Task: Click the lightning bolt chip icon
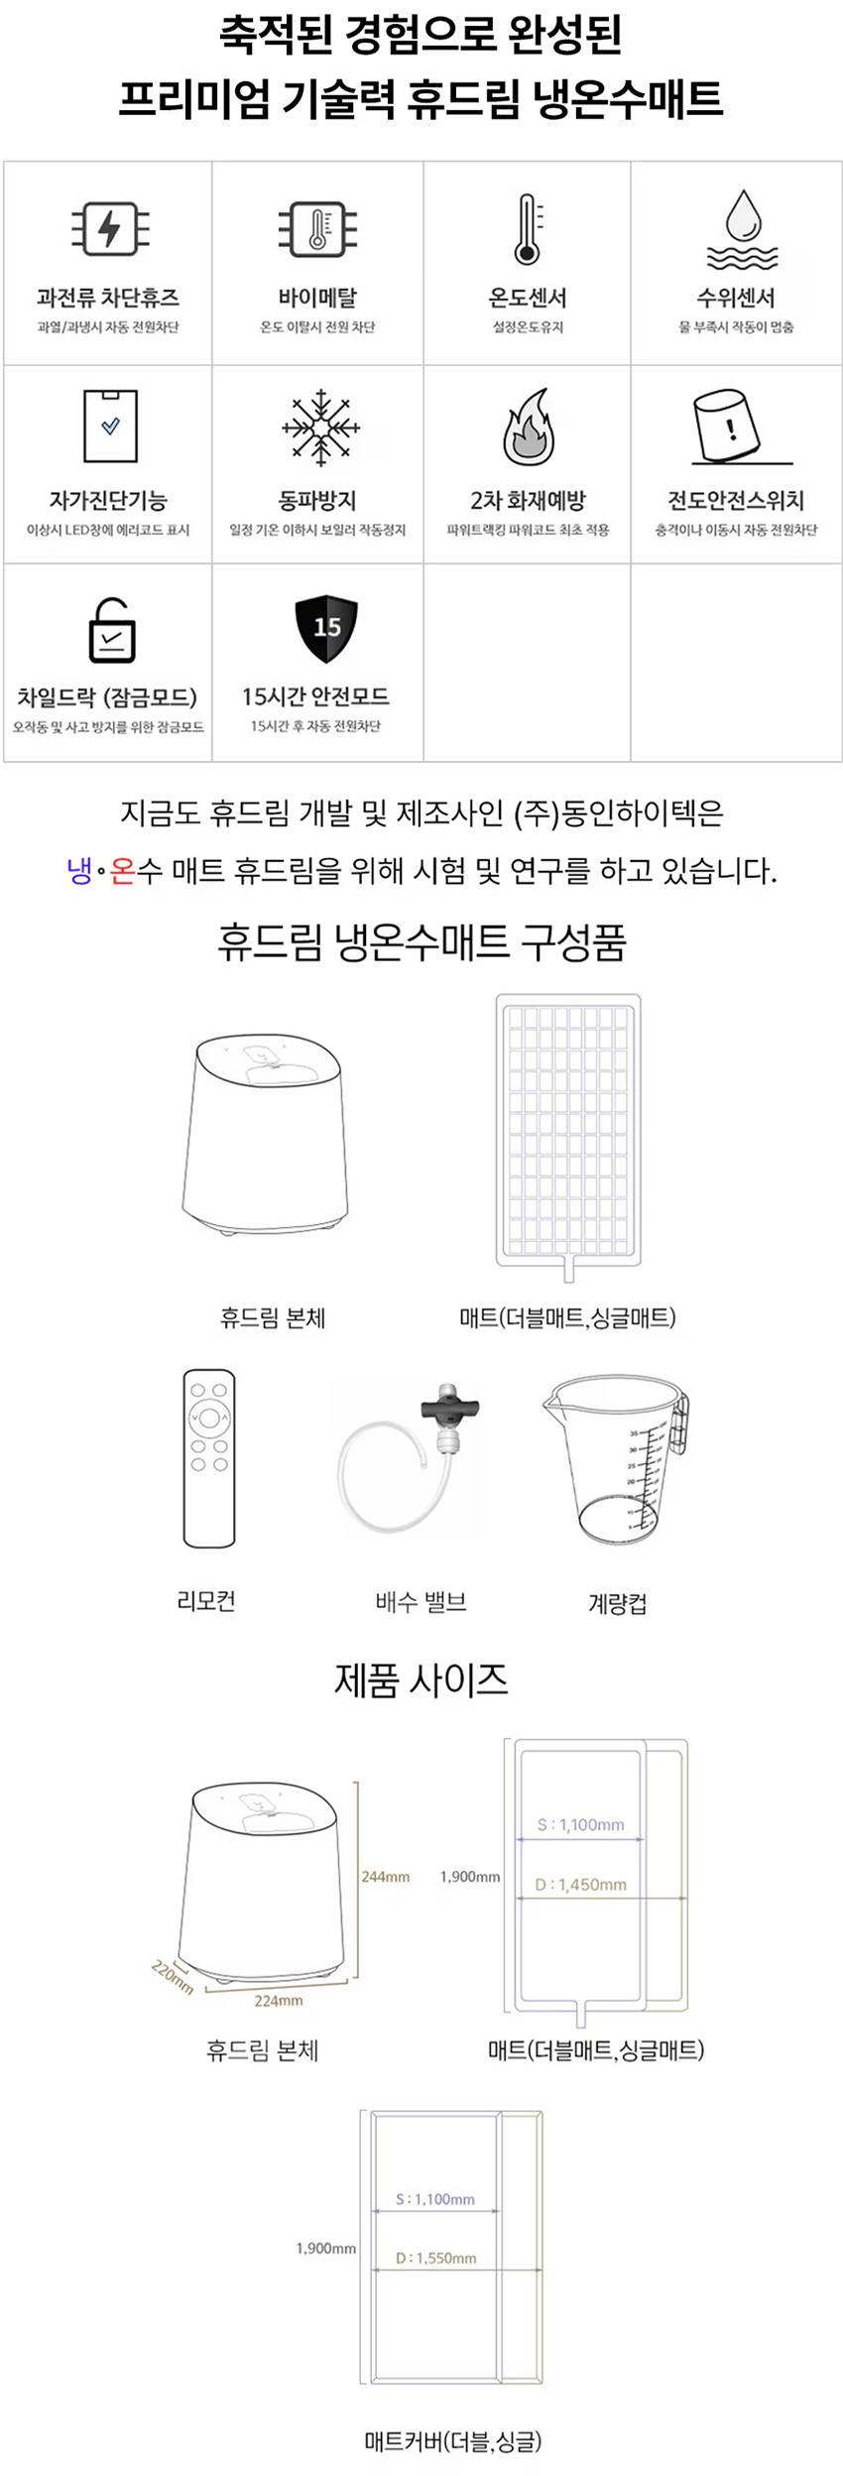point(109,229)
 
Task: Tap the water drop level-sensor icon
point(742,229)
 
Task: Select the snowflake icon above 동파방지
point(319,428)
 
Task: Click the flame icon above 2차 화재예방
point(528,428)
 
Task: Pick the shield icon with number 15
point(325,629)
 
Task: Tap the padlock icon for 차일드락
point(111,631)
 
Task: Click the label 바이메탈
point(317,298)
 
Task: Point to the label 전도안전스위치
point(736,501)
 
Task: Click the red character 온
point(122,871)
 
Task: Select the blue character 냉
point(79,871)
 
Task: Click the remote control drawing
point(209,1457)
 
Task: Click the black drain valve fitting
point(449,1406)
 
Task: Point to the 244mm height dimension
point(385,1876)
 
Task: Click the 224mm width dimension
point(279,2000)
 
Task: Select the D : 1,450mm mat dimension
point(580,1884)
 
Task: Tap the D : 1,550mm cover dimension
point(436,2257)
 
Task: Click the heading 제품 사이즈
point(421,1680)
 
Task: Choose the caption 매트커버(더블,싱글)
point(452,2440)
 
